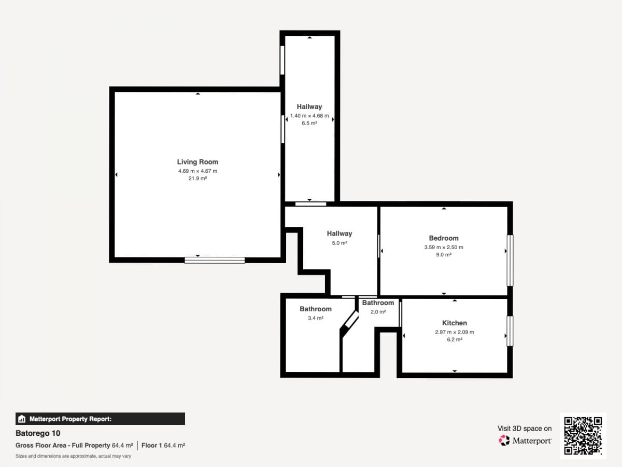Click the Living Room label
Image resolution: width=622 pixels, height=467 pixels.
(x=197, y=162)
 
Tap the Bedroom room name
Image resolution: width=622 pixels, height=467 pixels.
(x=444, y=238)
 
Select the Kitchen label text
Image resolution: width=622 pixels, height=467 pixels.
(x=455, y=323)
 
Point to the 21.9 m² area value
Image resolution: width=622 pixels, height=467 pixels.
(x=197, y=178)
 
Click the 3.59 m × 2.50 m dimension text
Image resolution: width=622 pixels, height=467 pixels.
(x=444, y=248)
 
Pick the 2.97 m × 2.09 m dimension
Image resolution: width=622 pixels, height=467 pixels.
(x=455, y=332)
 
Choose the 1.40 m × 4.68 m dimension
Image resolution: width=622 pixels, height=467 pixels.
(x=309, y=116)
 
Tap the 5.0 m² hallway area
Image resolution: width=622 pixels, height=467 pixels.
(x=340, y=243)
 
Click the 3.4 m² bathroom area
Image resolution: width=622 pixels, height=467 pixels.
(x=315, y=318)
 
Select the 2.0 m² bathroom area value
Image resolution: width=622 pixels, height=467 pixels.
(x=378, y=312)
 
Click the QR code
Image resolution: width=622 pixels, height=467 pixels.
(x=583, y=435)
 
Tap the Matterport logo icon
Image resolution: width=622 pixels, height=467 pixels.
(x=504, y=441)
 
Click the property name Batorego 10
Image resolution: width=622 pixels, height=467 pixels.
(x=38, y=433)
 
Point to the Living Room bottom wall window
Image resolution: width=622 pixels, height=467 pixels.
(x=215, y=260)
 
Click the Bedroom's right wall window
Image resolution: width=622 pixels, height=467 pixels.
(x=510, y=260)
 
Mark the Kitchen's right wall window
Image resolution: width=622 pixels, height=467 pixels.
(x=510, y=331)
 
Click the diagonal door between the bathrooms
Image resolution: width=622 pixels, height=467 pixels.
(x=349, y=324)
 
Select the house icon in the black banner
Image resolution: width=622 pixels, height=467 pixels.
(x=22, y=419)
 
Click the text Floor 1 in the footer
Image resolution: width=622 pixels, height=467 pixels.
(x=151, y=445)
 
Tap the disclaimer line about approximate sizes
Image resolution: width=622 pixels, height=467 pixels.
(x=74, y=456)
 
